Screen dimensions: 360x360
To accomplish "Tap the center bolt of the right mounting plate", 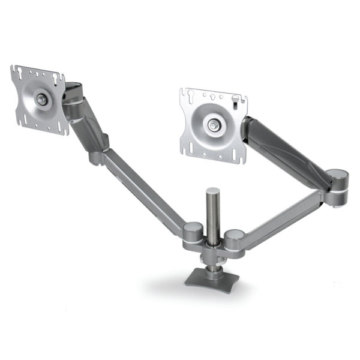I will point(214,125).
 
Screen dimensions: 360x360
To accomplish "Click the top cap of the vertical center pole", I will point(213,191).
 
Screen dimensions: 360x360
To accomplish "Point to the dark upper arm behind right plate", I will point(282,144).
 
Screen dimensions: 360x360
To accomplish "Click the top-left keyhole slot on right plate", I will point(191,94).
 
